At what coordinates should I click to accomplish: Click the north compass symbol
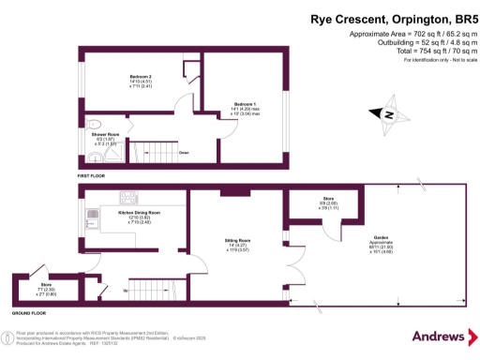(x=386, y=115)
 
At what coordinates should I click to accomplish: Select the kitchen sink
(x=92, y=219)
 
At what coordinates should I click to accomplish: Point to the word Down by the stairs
(x=185, y=151)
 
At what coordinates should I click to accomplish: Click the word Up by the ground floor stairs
(x=127, y=291)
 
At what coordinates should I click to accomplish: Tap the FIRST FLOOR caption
(x=93, y=175)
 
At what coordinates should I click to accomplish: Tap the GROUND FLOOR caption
(x=30, y=311)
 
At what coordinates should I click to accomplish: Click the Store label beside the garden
(x=328, y=199)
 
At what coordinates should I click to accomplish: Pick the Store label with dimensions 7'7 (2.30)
(x=46, y=286)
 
